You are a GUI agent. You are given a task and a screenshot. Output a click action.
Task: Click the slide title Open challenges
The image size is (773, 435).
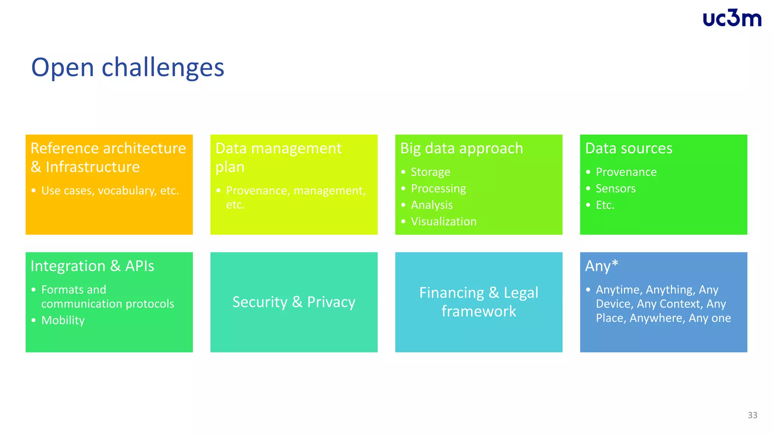[x=128, y=68]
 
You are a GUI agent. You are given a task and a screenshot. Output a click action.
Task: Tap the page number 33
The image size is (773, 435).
[x=752, y=415]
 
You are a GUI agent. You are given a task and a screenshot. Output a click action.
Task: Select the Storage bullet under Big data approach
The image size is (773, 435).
[x=430, y=172]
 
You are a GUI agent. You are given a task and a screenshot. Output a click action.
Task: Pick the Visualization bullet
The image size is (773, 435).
[x=443, y=222]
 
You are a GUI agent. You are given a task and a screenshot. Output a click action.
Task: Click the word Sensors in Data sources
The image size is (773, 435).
[x=615, y=188]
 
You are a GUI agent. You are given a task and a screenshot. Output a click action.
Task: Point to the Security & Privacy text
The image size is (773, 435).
[x=294, y=302]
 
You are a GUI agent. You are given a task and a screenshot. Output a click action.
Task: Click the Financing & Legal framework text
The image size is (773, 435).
[x=479, y=302]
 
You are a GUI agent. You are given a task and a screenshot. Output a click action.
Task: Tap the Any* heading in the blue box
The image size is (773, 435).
[x=601, y=266]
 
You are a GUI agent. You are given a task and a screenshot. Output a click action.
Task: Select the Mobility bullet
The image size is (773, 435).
[x=63, y=320]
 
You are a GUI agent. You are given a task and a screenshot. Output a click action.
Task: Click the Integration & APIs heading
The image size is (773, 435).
[x=92, y=266]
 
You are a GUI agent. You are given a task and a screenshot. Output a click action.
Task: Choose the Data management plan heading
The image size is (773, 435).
[x=278, y=157]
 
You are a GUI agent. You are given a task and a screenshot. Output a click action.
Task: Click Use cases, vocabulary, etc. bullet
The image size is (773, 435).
[x=110, y=191]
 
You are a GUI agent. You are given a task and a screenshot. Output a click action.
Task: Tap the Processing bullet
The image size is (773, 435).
[x=438, y=188]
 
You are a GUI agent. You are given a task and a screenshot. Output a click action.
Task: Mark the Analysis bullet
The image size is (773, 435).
[x=432, y=205]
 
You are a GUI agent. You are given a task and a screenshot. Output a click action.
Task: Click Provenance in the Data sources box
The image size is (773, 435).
[x=626, y=172]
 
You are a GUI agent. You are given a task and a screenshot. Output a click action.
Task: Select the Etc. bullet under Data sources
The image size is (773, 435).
[x=605, y=205]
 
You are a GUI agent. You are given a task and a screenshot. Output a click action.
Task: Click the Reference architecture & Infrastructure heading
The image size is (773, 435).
[x=108, y=157]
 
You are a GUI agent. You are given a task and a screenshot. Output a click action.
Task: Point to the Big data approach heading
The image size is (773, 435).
[x=461, y=148]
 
